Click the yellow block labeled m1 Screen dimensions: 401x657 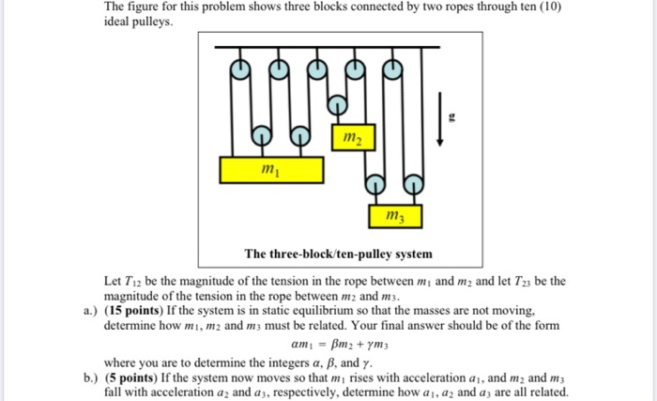click(x=271, y=170)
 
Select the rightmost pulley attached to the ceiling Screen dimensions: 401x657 click(x=394, y=68)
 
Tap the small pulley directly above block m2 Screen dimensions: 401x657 click(x=356, y=68)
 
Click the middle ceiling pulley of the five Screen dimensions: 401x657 click(x=317, y=68)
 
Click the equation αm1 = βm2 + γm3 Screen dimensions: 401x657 click(x=335, y=343)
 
